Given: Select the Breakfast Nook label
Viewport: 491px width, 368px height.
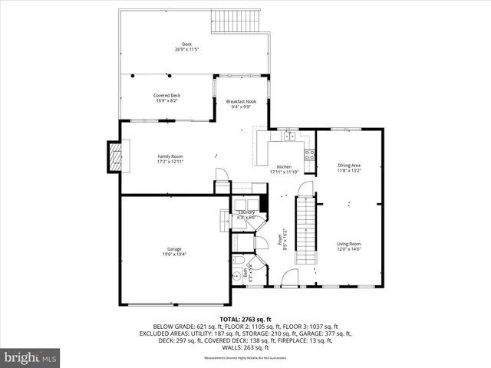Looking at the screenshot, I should [242, 102].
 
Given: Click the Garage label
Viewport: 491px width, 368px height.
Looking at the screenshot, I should [174, 249].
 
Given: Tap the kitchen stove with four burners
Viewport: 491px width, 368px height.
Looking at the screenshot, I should [309, 153].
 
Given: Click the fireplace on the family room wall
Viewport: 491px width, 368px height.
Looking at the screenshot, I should [114, 157].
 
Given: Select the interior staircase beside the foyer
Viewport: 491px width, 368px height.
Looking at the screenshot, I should [306, 228].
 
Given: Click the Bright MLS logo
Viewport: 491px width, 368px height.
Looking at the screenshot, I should [31, 356].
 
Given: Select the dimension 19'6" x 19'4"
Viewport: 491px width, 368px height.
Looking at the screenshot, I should [174, 255].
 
